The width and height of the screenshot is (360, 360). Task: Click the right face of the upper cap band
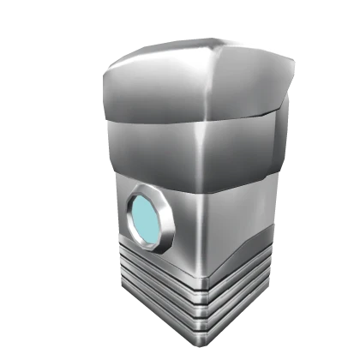point(249,86)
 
